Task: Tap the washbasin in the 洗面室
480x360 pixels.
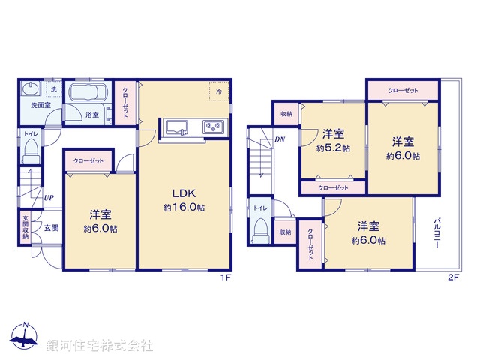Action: [x=31, y=88]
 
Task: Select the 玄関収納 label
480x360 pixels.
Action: [x=25, y=226]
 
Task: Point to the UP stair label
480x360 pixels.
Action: [x=48, y=198]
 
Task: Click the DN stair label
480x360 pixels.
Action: [x=279, y=139]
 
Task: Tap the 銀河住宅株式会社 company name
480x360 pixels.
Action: [x=99, y=346]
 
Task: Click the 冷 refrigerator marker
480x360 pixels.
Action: [x=219, y=91]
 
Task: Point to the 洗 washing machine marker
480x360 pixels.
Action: [x=52, y=89]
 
